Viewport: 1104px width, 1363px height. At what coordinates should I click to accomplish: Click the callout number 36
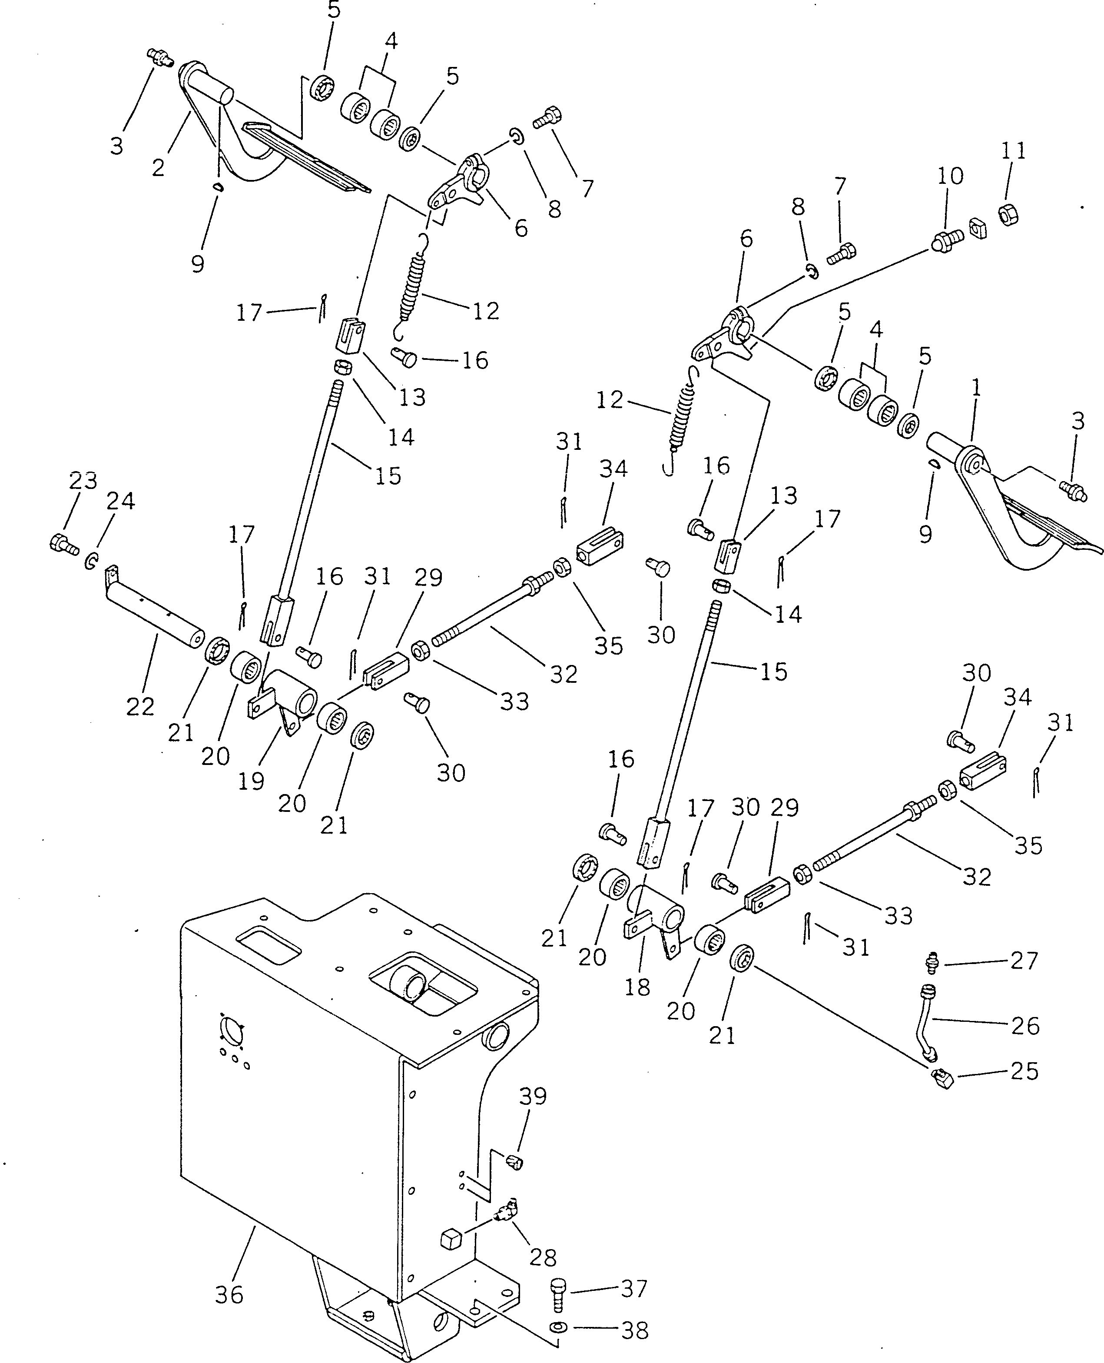pyautogui.click(x=229, y=1294)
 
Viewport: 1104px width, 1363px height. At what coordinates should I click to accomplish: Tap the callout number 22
pyautogui.click(x=140, y=706)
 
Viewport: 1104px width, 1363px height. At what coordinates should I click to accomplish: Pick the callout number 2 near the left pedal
pyautogui.click(x=158, y=167)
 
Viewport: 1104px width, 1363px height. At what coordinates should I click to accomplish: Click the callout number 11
pyautogui.click(x=1014, y=151)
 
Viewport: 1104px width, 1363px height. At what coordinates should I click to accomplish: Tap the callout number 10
pyautogui.click(x=950, y=176)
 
